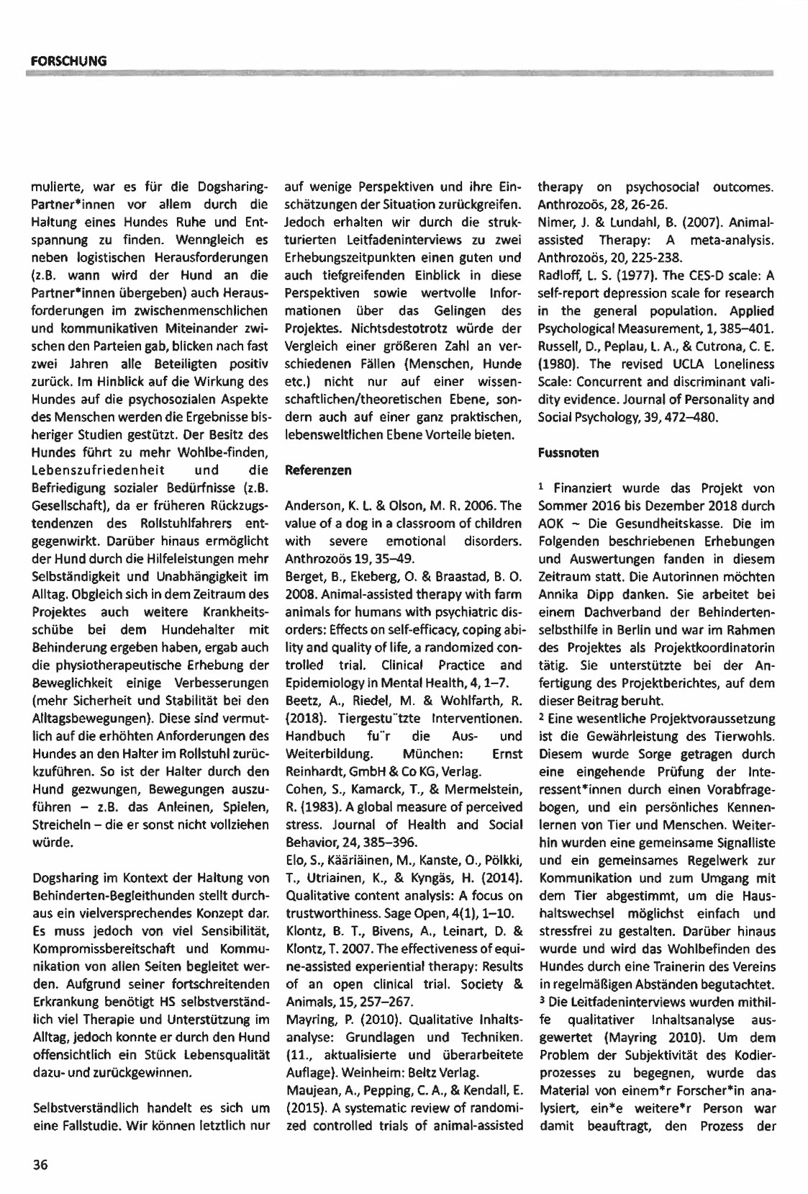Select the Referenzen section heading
(x=319, y=470)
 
